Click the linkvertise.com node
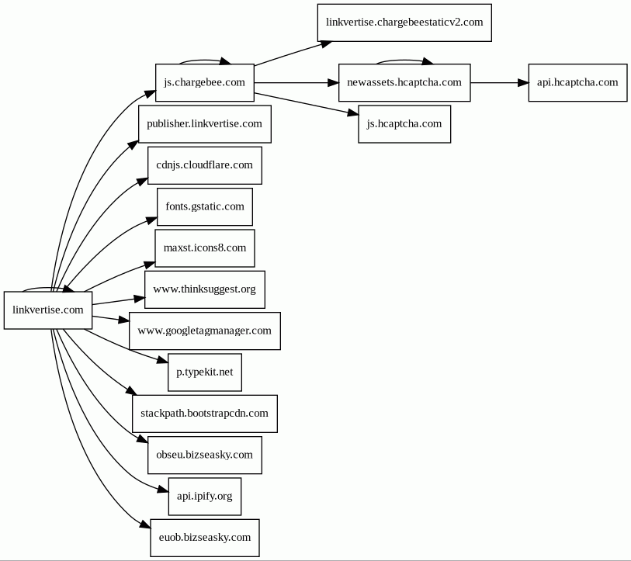coord(48,310)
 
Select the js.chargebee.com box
coord(204,82)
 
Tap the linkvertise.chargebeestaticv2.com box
coord(404,23)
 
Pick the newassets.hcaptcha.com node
coord(404,82)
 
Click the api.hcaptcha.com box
coord(577,82)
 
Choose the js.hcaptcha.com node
coord(404,124)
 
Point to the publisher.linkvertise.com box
coord(204,124)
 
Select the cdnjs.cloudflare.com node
coord(204,165)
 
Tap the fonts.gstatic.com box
coord(204,207)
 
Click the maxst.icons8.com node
coord(204,248)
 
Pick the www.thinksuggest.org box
coord(204,289)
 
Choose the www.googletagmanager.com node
coord(204,331)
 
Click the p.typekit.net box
coord(204,372)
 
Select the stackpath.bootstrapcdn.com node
coord(204,414)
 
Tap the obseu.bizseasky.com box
coord(204,455)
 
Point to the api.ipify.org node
coord(204,496)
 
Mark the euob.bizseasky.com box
coord(204,538)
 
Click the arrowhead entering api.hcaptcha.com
coord(523,82)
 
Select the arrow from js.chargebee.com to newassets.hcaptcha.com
coord(296,82)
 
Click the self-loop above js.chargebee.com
coord(203,61)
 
